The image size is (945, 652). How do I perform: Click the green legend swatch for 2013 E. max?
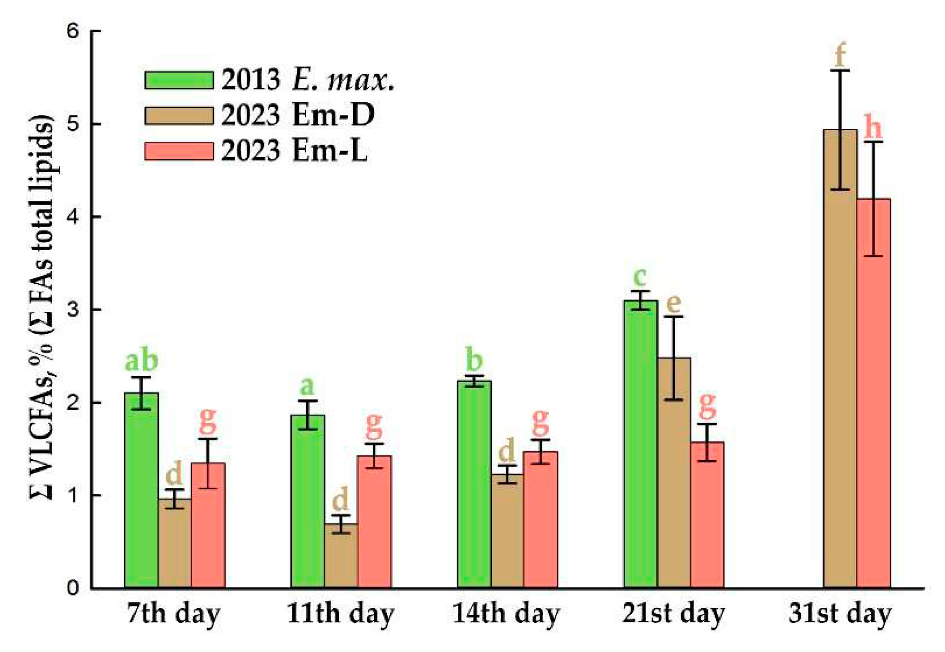pos(179,80)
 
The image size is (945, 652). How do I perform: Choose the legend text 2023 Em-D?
pos(298,115)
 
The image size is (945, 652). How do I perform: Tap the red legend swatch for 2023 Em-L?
pos(179,151)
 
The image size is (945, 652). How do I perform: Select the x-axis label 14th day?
pos(506,614)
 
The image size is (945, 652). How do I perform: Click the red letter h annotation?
pos(873,127)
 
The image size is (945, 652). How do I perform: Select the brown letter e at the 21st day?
pos(673,303)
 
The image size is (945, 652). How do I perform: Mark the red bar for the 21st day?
pos(707,514)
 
